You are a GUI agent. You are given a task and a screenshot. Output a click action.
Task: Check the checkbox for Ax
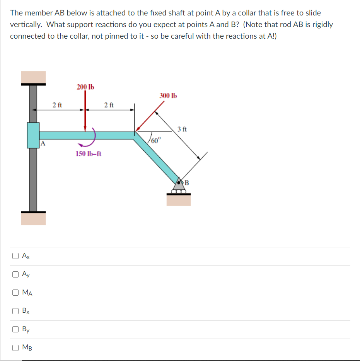click(15, 255)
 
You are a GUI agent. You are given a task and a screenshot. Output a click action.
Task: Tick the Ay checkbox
click(15, 274)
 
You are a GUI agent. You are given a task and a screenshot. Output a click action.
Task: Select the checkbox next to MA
click(15, 293)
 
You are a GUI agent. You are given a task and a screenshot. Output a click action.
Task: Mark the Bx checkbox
click(15, 311)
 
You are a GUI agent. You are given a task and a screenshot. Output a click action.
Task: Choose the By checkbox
click(15, 329)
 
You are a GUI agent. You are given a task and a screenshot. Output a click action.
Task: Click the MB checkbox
click(15, 348)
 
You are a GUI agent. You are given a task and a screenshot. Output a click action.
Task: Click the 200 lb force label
click(85, 87)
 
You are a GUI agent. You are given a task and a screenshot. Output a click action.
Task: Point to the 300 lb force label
click(168, 95)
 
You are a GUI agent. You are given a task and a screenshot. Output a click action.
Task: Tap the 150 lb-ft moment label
click(89, 154)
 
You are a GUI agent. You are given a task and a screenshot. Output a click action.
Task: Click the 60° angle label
click(155, 140)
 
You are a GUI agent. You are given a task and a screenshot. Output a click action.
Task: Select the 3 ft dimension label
click(182, 129)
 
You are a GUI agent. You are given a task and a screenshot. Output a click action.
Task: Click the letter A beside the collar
click(43, 144)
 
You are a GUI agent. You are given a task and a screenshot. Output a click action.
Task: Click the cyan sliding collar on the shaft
click(33, 135)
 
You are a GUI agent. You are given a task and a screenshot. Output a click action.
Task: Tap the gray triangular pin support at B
click(178, 186)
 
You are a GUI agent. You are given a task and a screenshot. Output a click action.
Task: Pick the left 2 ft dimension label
click(57, 105)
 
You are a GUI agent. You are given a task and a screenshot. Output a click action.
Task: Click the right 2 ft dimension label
click(109, 105)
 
